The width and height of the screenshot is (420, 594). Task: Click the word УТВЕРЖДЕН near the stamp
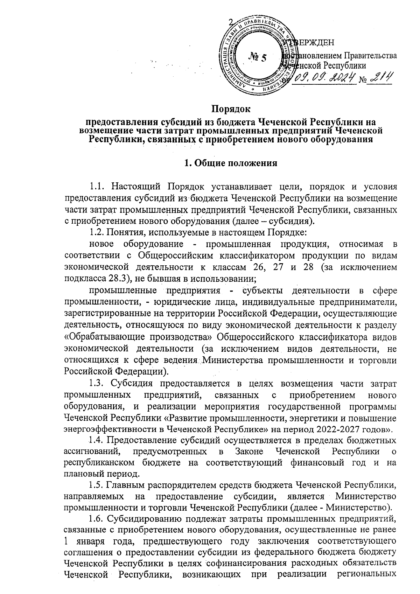tap(310, 43)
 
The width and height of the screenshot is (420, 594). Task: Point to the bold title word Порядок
tap(231, 109)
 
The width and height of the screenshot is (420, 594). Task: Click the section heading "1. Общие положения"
tap(231, 163)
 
